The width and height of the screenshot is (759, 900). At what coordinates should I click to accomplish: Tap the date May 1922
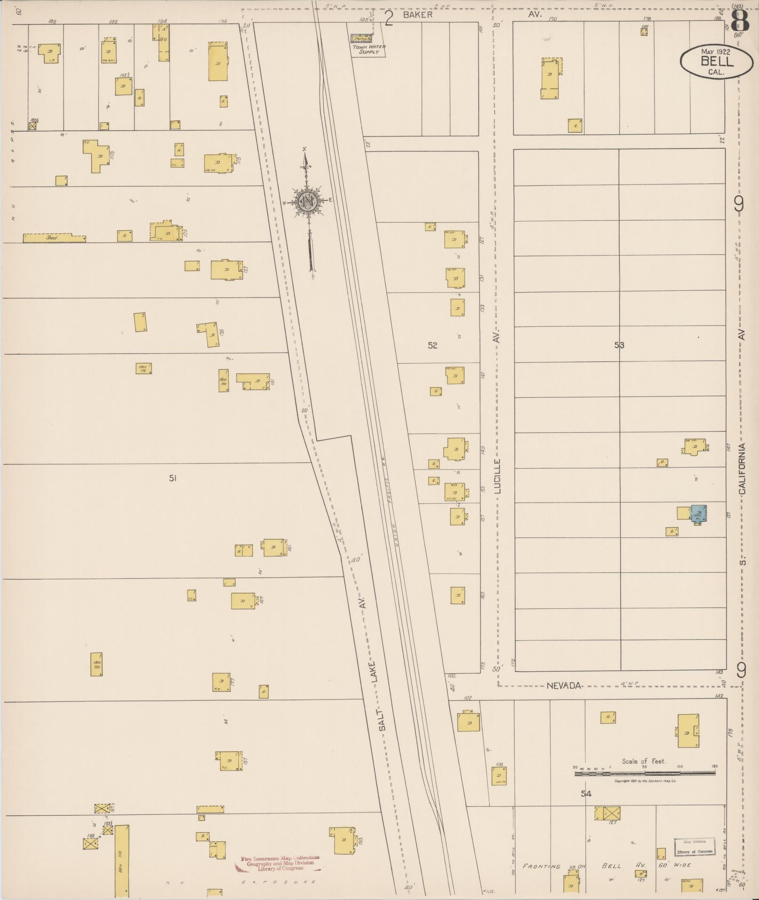[715, 51]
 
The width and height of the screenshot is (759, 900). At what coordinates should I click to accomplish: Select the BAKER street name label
[417, 15]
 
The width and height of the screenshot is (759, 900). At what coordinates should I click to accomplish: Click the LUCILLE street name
[498, 476]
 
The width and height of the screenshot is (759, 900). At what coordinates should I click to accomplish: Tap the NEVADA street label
[564, 685]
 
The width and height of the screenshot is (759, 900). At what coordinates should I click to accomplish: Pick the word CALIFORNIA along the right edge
[742, 469]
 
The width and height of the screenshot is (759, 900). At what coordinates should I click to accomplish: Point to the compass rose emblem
[308, 202]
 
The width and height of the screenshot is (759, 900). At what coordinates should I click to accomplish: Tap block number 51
[173, 478]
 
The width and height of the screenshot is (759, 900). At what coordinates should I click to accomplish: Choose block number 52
[432, 345]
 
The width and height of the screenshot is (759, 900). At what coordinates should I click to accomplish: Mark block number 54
[585, 794]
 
